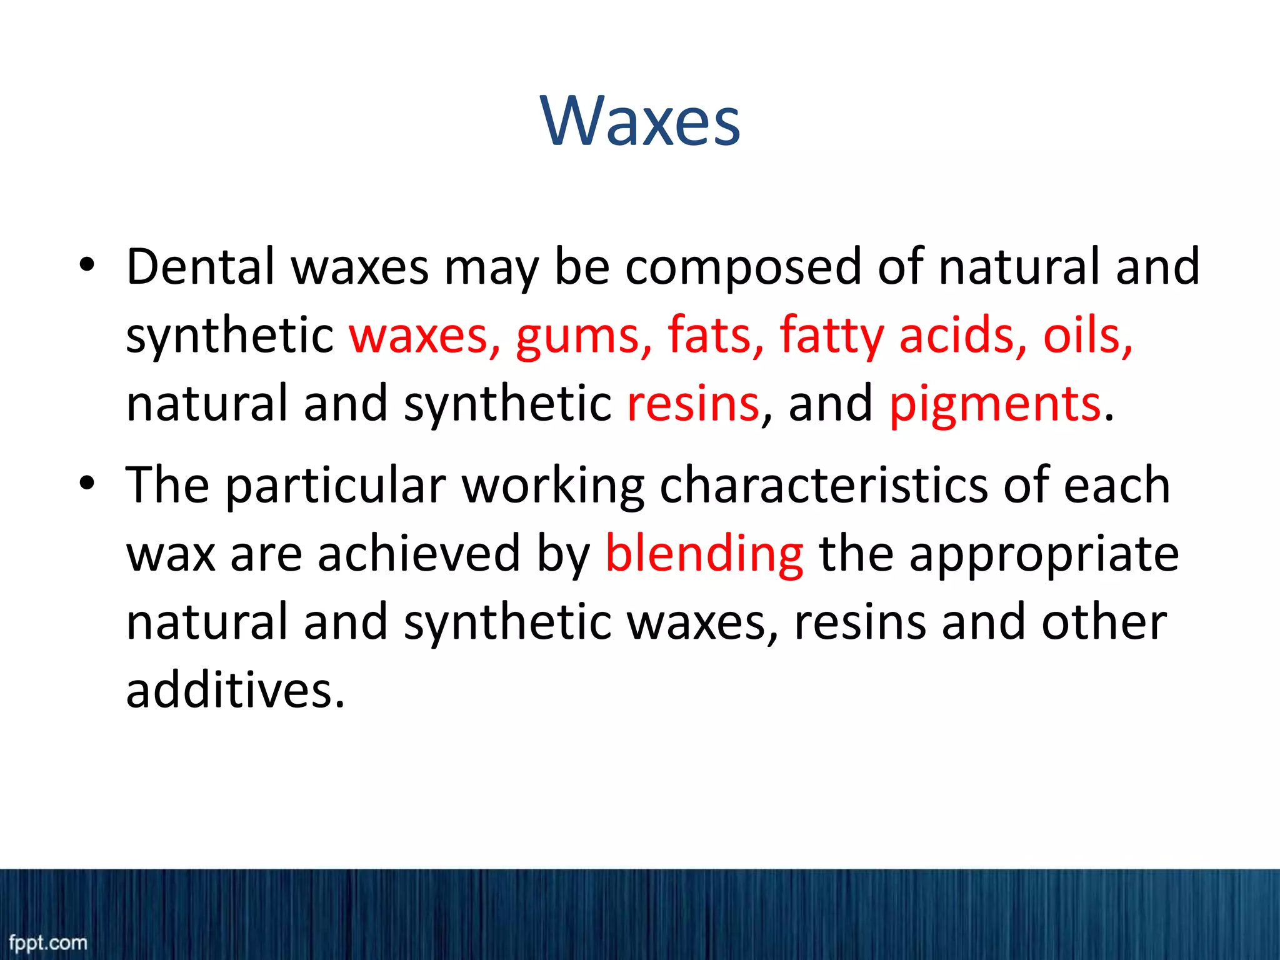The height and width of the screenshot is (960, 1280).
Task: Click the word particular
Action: point(336,486)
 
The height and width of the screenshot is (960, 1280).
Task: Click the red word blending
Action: point(704,555)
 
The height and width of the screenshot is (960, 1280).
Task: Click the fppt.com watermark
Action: point(48,942)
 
